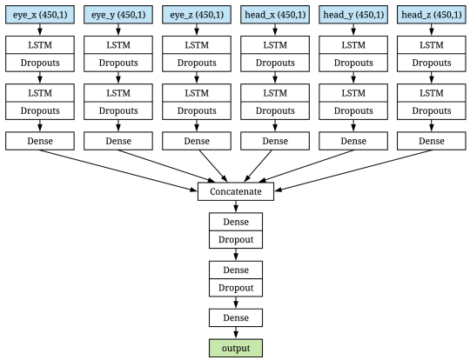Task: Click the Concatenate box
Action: coord(236,191)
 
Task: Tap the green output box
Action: coord(236,348)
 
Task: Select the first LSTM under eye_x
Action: coord(40,45)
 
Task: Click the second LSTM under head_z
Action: coord(432,93)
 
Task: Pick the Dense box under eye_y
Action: coord(118,141)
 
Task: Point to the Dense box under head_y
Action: coord(353,141)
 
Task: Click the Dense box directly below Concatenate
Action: coord(236,222)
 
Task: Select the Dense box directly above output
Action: coord(236,317)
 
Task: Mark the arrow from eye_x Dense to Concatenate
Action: coord(118,170)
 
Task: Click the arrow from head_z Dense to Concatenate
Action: coord(353,170)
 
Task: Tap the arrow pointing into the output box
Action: coord(236,333)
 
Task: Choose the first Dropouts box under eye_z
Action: coord(197,63)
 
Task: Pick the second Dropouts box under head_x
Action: coord(275,110)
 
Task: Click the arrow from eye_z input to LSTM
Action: coord(197,30)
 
